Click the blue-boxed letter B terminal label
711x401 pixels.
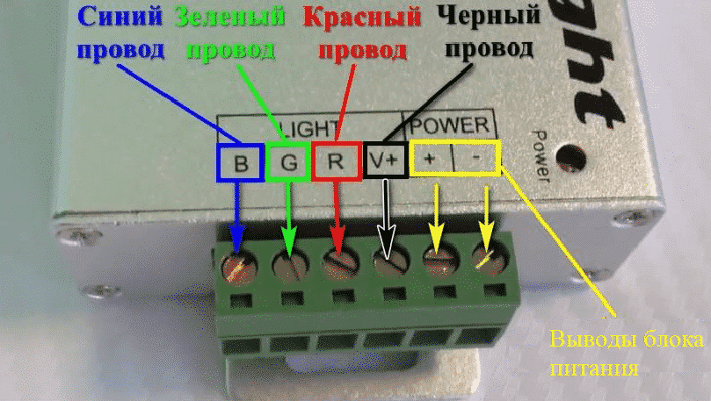(x=239, y=162)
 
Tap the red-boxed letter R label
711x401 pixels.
(x=335, y=162)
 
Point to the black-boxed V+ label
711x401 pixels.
(x=384, y=161)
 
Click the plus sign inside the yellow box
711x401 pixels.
(x=431, y=159)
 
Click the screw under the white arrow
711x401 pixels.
(x=387, y=261)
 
